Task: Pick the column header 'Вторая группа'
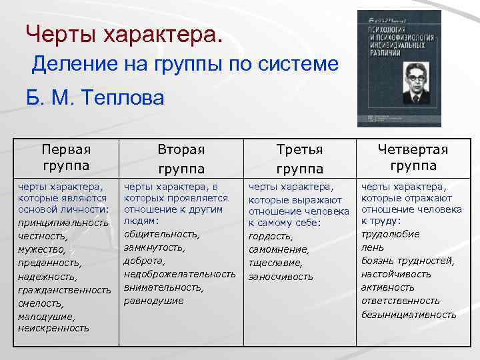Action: tap(181, 159)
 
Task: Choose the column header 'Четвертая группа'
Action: tap(413, 157)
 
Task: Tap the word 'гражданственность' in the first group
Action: tap(65, 290)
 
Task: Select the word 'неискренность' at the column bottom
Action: tap(53, 328)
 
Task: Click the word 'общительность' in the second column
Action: tap(161, 234)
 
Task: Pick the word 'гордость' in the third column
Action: tap(270, 236)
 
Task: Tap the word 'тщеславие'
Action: tap(275, 263)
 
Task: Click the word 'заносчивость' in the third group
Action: tap(280, 276)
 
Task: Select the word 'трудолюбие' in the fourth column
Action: tap(390, 234)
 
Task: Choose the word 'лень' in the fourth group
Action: tap(371, 247)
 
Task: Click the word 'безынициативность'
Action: tap(409, 314)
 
